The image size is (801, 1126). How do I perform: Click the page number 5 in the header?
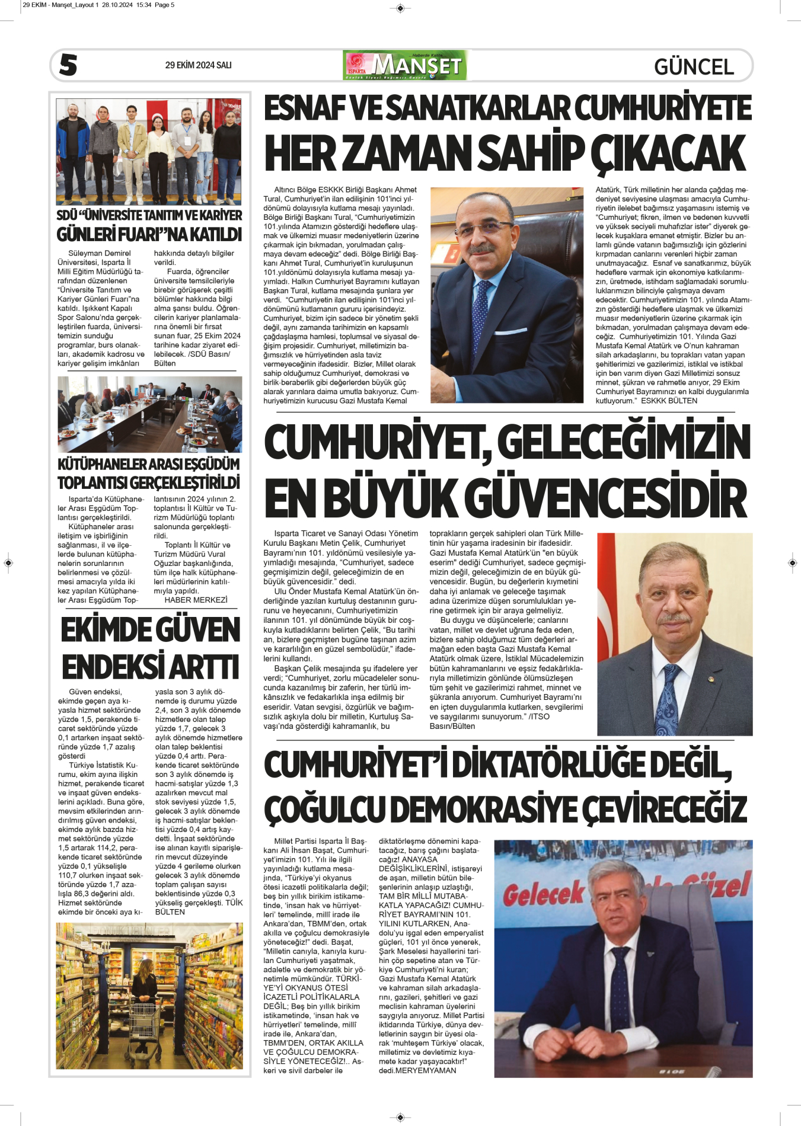(x=68, y=65)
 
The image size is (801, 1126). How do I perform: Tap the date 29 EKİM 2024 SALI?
(x=198, y=65)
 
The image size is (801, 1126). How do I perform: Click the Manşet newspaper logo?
(x=404, y=65)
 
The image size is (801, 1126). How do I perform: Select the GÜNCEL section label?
(x=694, y=66)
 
